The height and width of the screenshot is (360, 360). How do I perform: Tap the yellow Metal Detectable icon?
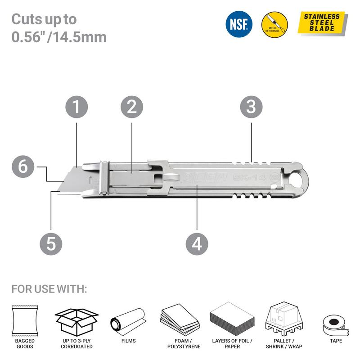point(274,24)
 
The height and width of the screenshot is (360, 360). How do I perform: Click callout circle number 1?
point(76,107)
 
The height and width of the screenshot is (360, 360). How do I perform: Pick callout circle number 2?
point(132,107)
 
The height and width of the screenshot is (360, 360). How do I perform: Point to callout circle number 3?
point(251,107)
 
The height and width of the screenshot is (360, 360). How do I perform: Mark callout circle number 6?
point(23,166)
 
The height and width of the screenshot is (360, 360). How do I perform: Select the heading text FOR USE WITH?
point(49,288)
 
